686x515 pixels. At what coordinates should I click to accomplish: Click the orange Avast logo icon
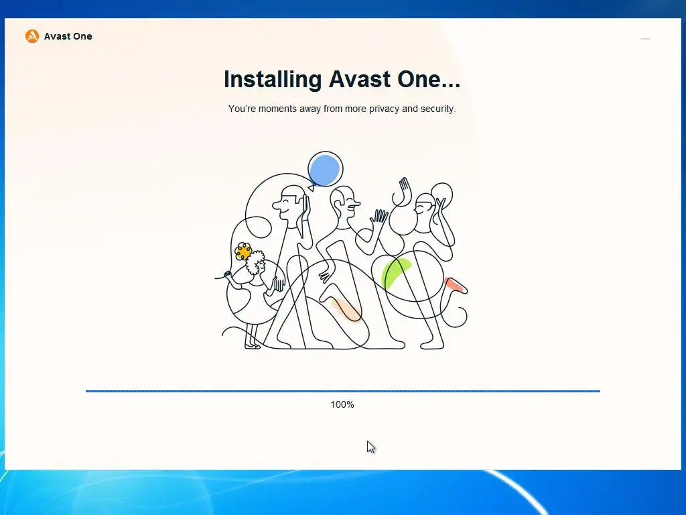[x=32, y=36]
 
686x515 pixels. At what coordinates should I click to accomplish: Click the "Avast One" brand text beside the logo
[x=68, y=36]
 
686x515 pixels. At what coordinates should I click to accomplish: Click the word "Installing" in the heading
[x=273, y=80]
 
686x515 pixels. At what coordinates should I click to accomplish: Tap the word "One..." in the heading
[x=429, y=79]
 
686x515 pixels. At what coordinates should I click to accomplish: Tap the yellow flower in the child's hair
[x=243, y=251]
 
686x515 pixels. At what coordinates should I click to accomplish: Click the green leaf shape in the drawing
[x=395, y=272]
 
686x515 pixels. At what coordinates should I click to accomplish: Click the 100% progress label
[x=342, y=404]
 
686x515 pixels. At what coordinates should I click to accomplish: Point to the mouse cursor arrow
[x=371, y=447]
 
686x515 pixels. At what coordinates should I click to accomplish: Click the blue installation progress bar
[x=343, y=391]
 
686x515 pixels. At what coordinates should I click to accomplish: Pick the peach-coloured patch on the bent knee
[x=345, y=308]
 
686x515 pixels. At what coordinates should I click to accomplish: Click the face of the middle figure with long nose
[x=346, y=205]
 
